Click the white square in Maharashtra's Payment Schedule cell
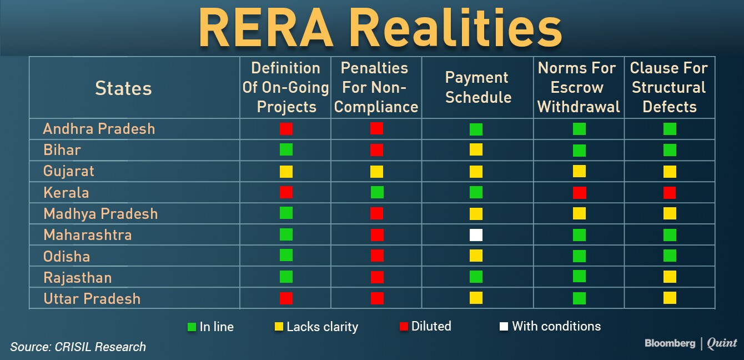tap(476, 235)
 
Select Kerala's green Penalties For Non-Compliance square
tap(377, 192)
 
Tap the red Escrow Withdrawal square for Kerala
tap(580, 193)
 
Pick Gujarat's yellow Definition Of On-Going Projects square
tap(286, 172)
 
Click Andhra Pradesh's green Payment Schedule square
tap(476, 129)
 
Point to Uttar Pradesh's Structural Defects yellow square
tap(670, 298)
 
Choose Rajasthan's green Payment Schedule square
tap(476, 277)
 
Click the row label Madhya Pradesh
tap(100, 214)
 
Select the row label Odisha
tap(67, 256)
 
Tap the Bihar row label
tap(62, 150)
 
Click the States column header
tap(124, 88)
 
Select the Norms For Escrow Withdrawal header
tap(579, 87)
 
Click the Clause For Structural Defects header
tap(669, 87)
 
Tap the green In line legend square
tap(192, 327)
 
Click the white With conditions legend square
tap(504, 327)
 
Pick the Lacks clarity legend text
tap(323, 327)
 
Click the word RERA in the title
tap(266, 28)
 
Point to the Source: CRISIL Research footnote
tap(78, 347)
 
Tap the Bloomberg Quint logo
tap(691, 343)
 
